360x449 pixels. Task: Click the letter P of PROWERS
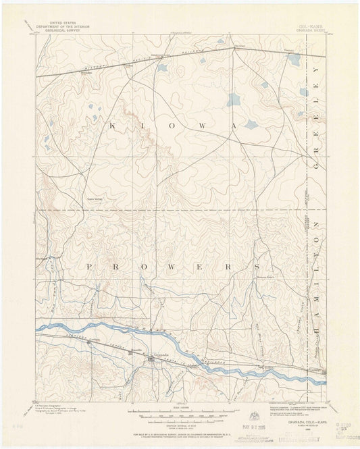coord(87,267)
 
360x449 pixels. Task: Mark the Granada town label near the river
coord(160,353)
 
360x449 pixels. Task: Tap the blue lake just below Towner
coord(294,59)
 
